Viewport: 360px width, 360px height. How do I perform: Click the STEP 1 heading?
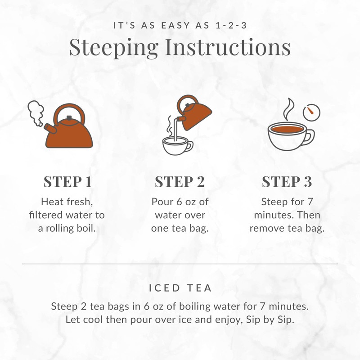[x=67, y=182]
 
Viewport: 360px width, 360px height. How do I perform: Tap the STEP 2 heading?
[x=180, y=182]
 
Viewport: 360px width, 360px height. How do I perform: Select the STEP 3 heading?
[x=287, y=182]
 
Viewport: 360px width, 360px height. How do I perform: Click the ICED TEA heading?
[x=180, y=287]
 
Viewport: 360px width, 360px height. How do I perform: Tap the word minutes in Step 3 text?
[x=272, y=214]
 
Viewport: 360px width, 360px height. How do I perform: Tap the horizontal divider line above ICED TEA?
[x=180, y=263]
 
